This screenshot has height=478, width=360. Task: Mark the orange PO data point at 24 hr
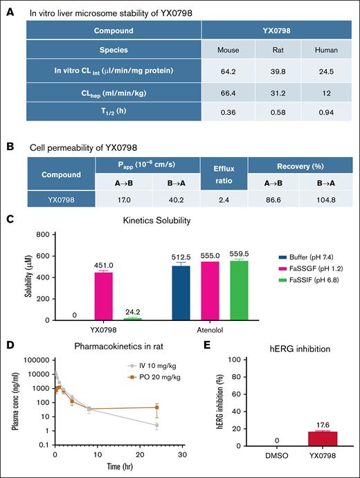click(x=157, y=407)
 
